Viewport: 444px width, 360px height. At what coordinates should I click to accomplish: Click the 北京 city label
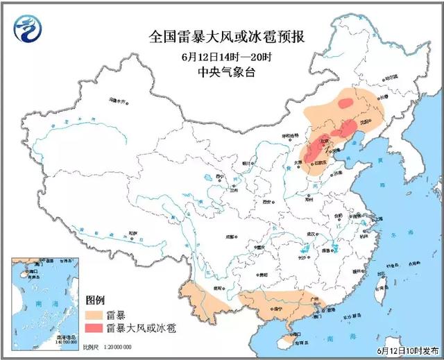click(x=323, y=142)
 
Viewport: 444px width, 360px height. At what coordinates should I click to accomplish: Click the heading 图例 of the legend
click(x=95, y=300)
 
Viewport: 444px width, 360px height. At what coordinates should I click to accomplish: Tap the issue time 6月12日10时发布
click(x=409, y=350)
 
